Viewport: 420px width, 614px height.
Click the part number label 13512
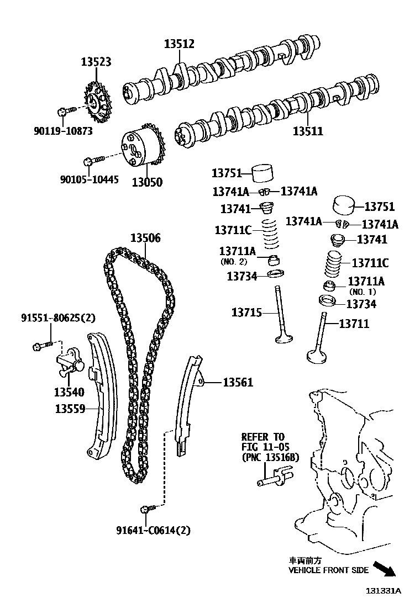179,44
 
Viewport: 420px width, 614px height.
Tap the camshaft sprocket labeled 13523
98,103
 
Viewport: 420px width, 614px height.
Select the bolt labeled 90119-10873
62,113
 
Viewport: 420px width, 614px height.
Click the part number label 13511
308,131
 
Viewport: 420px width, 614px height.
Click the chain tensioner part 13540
69,365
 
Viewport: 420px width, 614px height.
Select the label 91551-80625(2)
58,317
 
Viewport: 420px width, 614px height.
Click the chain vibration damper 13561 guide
188,403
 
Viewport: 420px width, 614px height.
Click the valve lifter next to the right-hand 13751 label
346,207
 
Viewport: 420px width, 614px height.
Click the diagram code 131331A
382,590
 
